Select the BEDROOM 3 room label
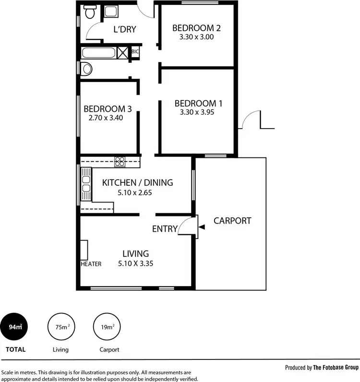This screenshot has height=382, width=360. tap(108, 108)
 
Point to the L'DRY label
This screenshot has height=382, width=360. tap(125, 29)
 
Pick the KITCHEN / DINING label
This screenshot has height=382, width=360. tap(138, 182)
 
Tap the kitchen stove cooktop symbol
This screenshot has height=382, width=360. tap(120, 161)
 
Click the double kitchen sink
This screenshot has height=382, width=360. tap(86, 184)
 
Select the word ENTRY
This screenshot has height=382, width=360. tap(165, 229)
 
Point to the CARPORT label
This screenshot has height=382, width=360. tap(232, 221)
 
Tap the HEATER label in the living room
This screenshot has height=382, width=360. tap(91, 264)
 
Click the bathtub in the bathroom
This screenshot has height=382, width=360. tap(99, 53)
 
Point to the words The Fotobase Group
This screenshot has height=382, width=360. tap(336, 368)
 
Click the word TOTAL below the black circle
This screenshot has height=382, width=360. tap(15, 349)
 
